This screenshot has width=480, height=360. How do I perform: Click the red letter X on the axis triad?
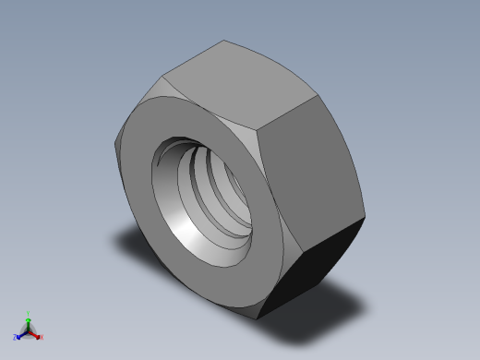pos(40,337)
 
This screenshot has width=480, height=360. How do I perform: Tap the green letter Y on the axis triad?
pos(29,314)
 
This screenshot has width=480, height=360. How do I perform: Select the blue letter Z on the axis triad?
pos(16,338)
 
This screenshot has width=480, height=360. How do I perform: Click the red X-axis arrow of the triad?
pos(35,334)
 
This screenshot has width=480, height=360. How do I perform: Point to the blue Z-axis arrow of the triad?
pos(21,334)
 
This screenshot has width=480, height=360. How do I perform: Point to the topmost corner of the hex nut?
pos(224,41)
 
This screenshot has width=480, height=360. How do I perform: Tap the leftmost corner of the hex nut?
pos(114,142)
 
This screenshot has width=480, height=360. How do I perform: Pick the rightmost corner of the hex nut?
pos(366,218)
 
